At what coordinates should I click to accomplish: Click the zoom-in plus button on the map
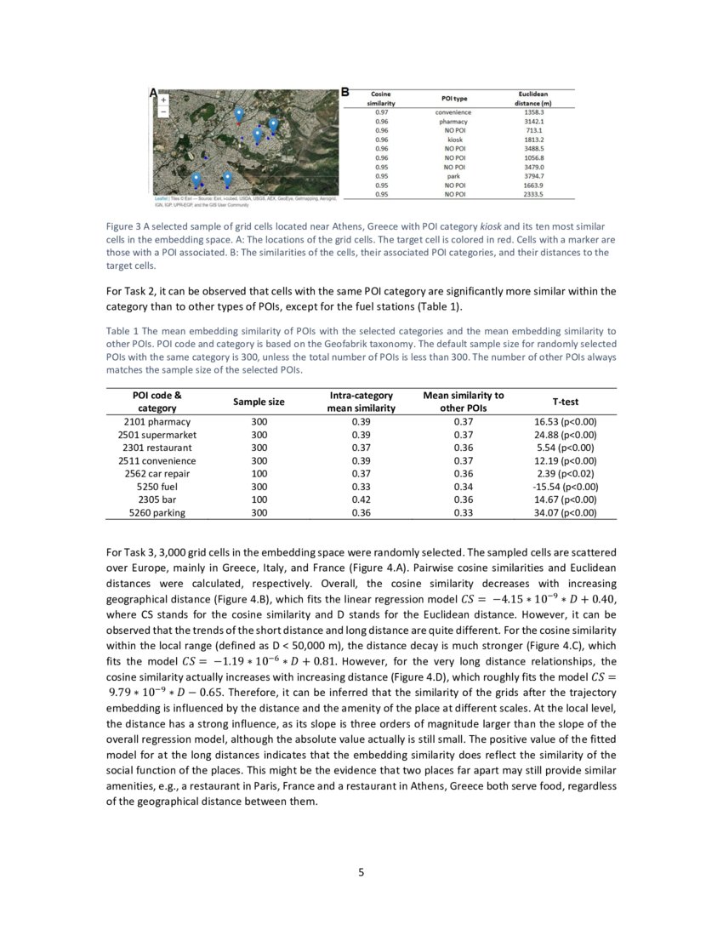click(x=163, y=100)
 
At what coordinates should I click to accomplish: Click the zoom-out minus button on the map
click(x=163, y=111)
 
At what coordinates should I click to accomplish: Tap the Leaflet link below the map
click(x=159, y=199)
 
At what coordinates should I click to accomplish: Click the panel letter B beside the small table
click(x=345, y=91)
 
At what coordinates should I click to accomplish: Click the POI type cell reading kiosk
click(x=453, y=140)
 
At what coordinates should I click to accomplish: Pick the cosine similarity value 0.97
click(x=382, y=112)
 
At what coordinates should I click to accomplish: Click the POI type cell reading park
click(x=453, y=176)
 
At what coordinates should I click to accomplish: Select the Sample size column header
click(x=259, y=401)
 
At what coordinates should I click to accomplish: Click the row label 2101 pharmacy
click(x=157, y=421)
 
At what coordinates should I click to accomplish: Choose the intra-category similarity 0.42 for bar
click(x=362, y=499)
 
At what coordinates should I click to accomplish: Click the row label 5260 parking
click(x=157, y=513)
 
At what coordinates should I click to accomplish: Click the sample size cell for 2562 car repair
click(x=259, y=473)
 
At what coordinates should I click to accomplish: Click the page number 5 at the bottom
click(x=361, y=870)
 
